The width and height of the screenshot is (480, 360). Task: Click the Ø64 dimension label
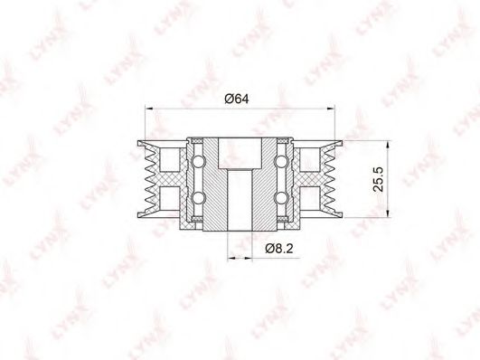point(237,99)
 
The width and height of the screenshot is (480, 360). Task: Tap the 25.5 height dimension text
point(379,179)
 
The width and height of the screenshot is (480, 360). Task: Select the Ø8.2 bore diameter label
point(279,248)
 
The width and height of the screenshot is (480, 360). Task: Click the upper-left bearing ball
point(198,162)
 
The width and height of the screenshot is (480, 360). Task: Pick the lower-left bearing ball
point(198,197)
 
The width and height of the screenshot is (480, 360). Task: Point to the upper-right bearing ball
point(281,162)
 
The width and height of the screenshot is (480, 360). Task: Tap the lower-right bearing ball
point(281,197)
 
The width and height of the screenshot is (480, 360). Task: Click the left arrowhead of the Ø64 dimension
point(149,109)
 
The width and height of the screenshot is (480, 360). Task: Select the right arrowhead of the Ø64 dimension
point(331,109)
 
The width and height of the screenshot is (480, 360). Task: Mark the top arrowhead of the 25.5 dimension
point(388,146)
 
